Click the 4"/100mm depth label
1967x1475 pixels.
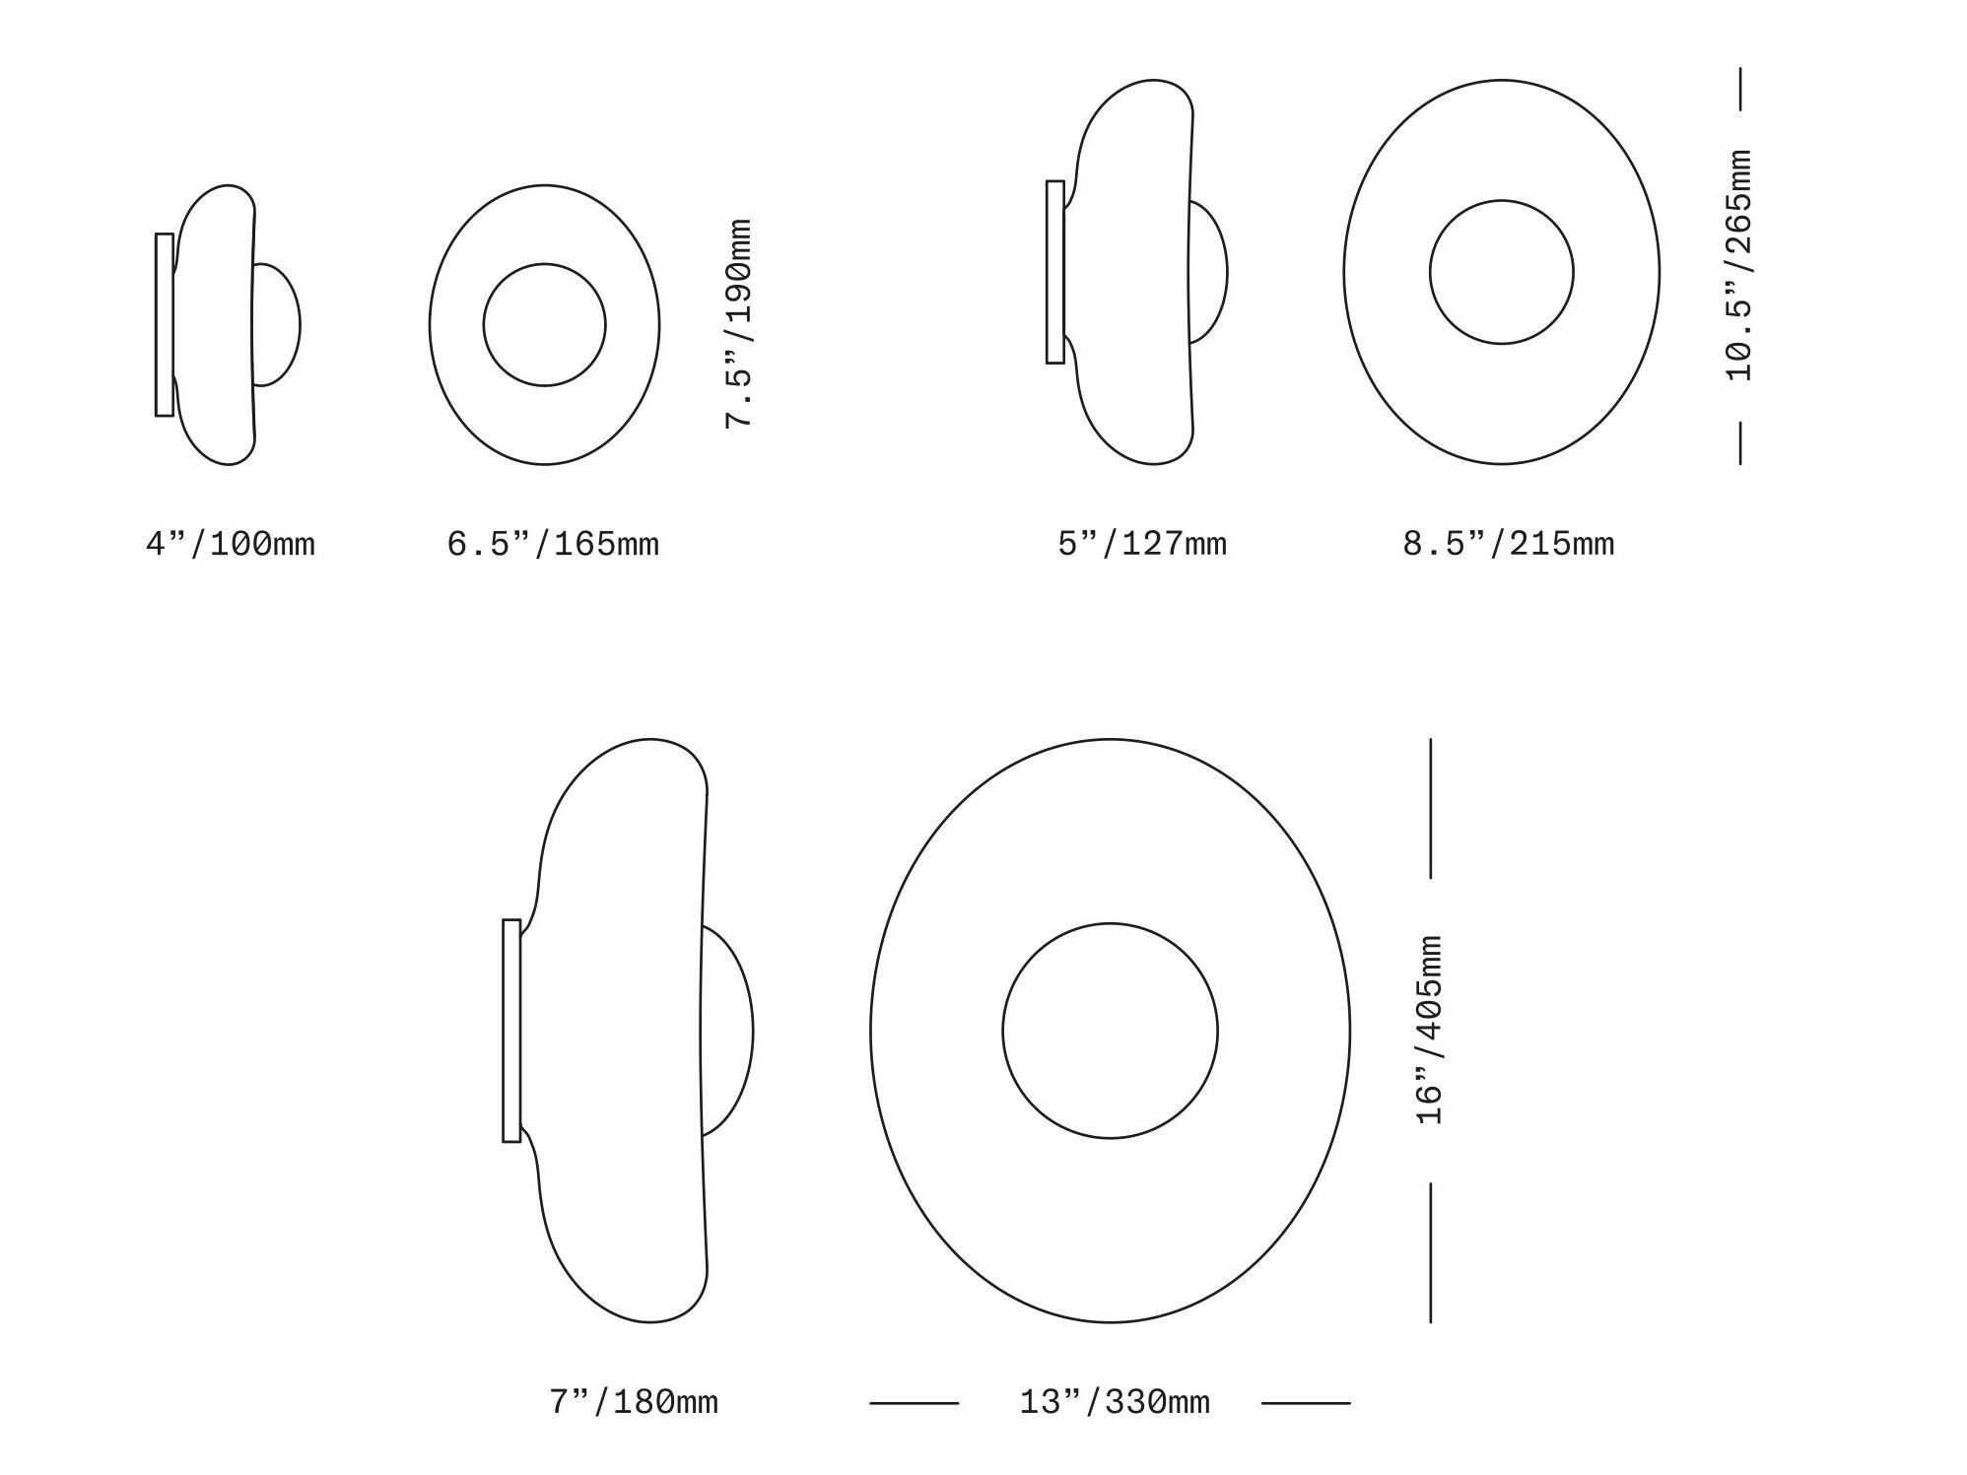(231, 544)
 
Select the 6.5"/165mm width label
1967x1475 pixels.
(553, 544)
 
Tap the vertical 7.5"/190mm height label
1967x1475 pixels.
(739, 324)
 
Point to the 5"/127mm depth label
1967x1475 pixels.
(1142, 544)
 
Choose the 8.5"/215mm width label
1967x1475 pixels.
(1509, 544)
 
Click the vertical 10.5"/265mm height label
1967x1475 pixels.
(1739, 266)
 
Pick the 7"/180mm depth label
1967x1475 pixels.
(634, 1402)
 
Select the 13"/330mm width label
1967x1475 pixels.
(1115, 1402)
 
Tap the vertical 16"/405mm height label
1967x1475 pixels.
(1430, 1031)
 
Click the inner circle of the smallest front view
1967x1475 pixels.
(545, 264)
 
